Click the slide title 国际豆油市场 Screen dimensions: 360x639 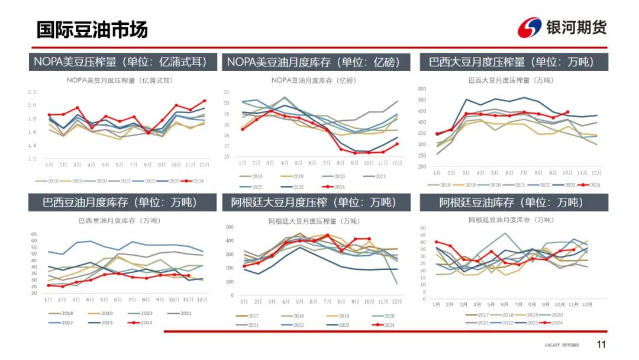(x=92, y=30)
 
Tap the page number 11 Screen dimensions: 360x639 (x=601, y=345)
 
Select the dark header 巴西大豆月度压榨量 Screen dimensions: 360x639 (x=511, y=62)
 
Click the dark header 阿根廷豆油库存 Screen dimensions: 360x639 (x=511, y=202)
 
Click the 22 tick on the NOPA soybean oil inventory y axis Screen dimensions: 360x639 (x=227, y=92)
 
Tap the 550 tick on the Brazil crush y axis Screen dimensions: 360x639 (x=422, y=89)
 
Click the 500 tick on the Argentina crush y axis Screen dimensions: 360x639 (x=231, y=227)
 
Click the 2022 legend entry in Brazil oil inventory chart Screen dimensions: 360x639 (x=63, y=322)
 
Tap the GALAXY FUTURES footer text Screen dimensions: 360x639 (x=561, y=345)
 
